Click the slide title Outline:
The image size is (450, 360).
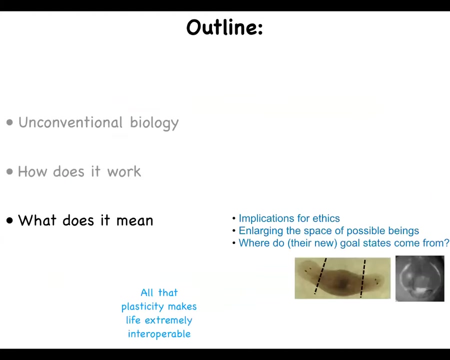click(x=224, y=27)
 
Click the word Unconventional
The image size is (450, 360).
click(x=70, y=122)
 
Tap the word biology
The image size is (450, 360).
click(x=154, y=123)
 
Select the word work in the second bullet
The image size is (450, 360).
click(x=124, y=171)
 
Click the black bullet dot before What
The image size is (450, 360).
click(x=10, y=220)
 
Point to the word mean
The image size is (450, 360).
click(x=134, y=221)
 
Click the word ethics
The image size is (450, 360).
click(x=326, y=218)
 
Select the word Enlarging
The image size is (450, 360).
click(x=261, y=231)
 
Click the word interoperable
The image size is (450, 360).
click(x=159, y=334)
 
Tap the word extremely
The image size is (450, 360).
click(x=168, y=320)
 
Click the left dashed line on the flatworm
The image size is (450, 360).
click(x=320, y=276)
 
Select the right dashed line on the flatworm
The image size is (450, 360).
click(x=363, y=278)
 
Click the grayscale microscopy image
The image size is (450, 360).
click(x=420, y=278)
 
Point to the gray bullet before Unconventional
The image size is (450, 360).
click(x=10, y=122)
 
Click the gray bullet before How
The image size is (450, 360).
click(x=10, y=171)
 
